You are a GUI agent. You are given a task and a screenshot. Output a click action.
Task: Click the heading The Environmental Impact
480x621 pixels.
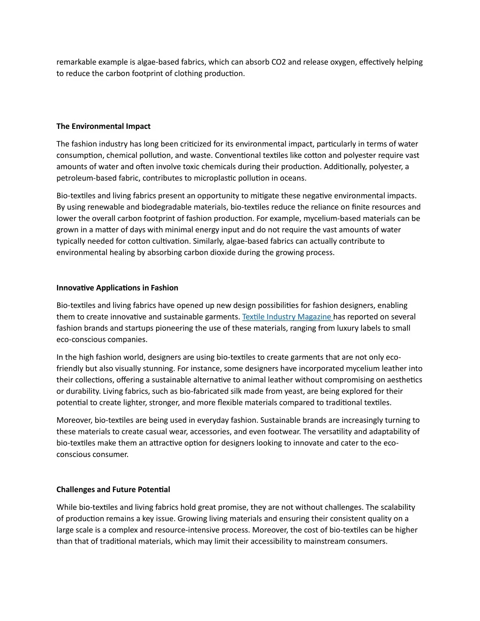click(x=103, y=126)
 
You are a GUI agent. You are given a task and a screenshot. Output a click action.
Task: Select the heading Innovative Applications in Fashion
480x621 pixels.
click(x=117, y=288)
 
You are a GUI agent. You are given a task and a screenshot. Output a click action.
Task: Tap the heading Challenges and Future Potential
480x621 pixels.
click(x=113, y=489)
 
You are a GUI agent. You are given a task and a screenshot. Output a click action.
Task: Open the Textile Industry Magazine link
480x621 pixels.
click(x=287, y=317)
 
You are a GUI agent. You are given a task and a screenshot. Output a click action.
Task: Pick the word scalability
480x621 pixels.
click(x=398, y=507)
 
